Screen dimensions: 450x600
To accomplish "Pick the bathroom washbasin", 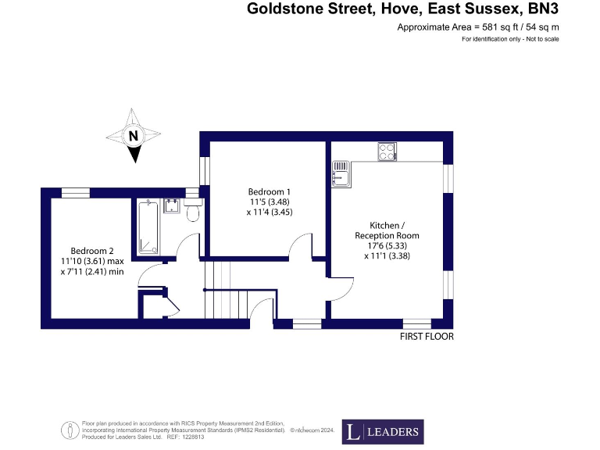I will coord(172,206).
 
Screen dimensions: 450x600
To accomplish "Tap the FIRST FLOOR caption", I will coord(426,337).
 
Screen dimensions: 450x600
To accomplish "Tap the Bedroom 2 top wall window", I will coord(76,192).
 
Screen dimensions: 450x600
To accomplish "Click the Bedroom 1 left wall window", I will coord(204,170).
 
